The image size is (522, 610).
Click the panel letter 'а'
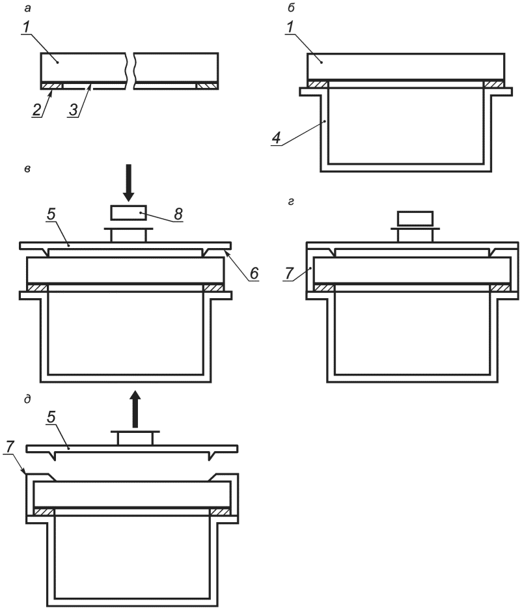[x=27, y=8]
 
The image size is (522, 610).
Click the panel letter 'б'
[x=292, y=7]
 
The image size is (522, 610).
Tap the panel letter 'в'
[x=27, y=169]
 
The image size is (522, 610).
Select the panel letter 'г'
[x=292, y=202]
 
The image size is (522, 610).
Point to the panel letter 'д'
[x=27, y=399]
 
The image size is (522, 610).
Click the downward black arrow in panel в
[x=128, y=182]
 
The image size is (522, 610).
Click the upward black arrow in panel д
[x=135, y=409]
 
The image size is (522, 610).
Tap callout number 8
[x=178, y=214]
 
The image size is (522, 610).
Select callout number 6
[x=254, y=273]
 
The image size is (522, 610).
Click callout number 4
[x=277, y=139]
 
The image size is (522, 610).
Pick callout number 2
[x=36, y=110]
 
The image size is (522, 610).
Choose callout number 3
[x=74, y=110]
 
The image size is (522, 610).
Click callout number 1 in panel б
[x=291, y=27]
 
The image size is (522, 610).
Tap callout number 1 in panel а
[x=25, y=27]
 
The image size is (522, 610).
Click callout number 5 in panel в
[x=51, y=215]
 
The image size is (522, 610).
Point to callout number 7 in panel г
[x=288, y=273]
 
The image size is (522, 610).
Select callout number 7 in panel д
[x=10, y=447]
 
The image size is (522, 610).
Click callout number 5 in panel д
[x=51, y=417]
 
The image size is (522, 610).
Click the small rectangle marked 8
[x=129, y=212]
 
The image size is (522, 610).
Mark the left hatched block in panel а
[x=51, y=85]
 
